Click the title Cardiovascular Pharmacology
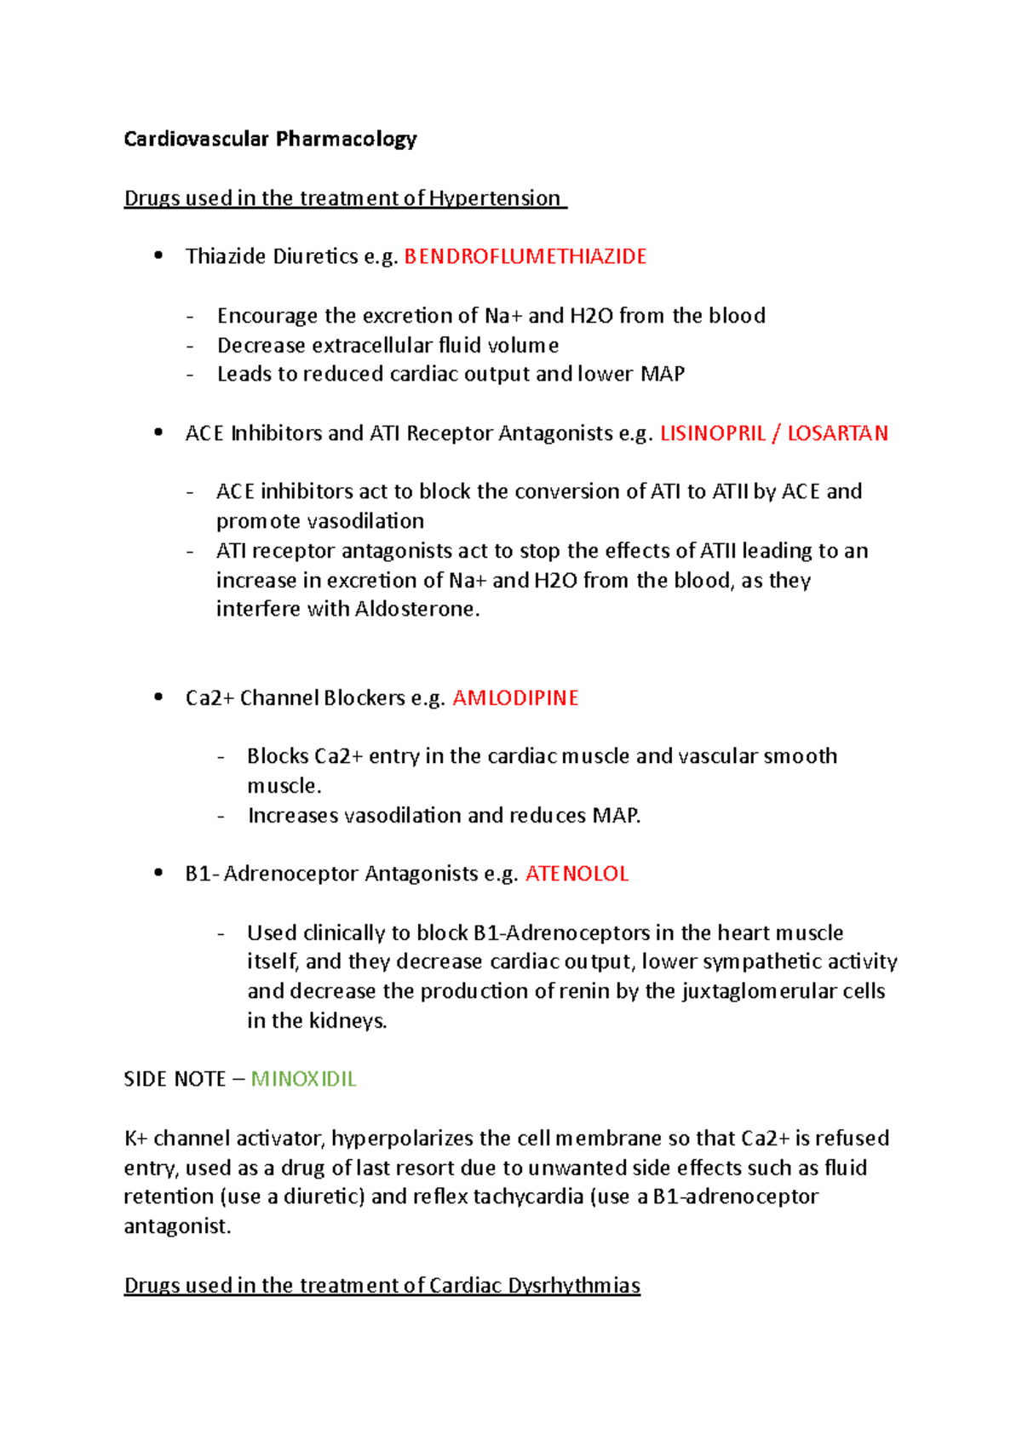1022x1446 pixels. pyautogui.click(x=270, y=139)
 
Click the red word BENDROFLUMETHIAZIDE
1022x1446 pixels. pyautogui.click(x=525, y=256)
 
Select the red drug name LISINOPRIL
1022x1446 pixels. pyautogui.click(x=713, y=433)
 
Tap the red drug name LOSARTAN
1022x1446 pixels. pyautogui.click(x=837, y=433)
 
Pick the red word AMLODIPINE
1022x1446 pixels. pyautogui.click(x=515, y=698)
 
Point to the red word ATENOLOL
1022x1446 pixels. pyautogui.click(x=577, y=874)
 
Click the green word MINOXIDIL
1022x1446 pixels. pyautogui.click(x=303, y=1079)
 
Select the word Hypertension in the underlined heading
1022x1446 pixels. pyautogui.click(x=494, y=198)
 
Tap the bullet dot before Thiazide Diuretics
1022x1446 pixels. pyautogui.click(x=158, y=255)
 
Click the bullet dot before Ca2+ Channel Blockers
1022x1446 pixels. pyautogui.click(x=158, y=697)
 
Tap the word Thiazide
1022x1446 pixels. pyautogui.click(x=225, y=256)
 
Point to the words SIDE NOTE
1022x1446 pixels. pyautogui.click(x=175, y=1079)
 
